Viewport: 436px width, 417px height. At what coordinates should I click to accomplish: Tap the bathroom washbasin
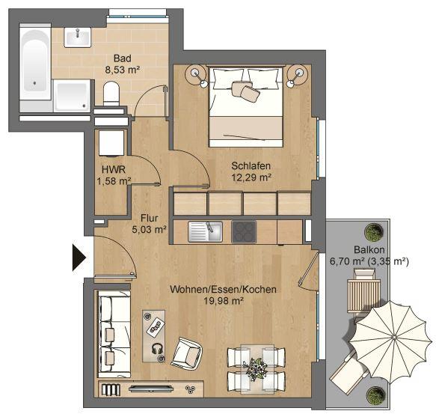[x=77, y=35]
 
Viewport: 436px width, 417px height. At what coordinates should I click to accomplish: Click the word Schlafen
[x=251, y=165]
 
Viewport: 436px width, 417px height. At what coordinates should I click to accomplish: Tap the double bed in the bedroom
[x=246, y=105]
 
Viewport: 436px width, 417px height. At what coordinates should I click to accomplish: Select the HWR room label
[x=113, y=169]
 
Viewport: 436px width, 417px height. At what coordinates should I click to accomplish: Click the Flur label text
[x=149, y=219]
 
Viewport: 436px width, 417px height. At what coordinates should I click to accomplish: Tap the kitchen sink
[x=204, y=231]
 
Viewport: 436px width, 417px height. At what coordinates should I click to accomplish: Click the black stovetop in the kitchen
[x=244, y=231]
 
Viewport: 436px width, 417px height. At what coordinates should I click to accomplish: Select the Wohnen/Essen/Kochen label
[x=223, y=290]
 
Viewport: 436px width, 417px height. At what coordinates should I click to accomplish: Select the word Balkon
[x=369, y=250]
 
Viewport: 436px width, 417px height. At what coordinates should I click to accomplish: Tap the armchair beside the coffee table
[x=187, y=352]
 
